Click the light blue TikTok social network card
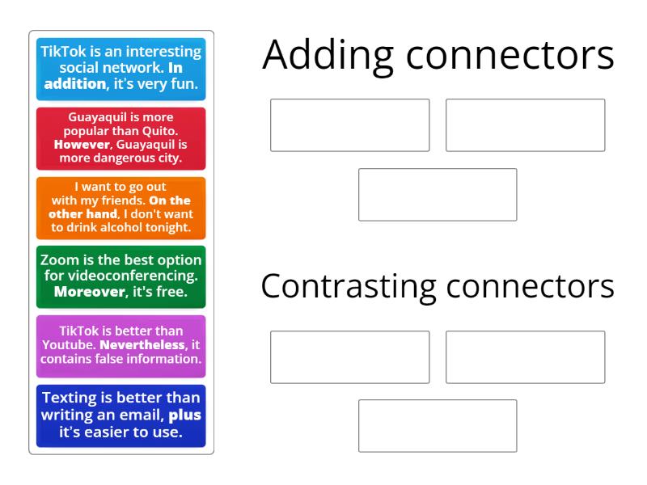tap(121, 69)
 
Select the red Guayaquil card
tap(121, 138)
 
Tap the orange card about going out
tap(121, 208)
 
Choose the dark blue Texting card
tap(121, 415)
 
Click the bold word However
tap(82, 145)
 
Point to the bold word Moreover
tap(90, 292)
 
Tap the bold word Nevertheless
tap(142, 344)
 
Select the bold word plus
tap(184, 415)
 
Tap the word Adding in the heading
tap(328, 56)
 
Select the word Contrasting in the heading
tap(349, 287)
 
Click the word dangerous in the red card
tap(124, 158)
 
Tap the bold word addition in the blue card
tap(74, 84)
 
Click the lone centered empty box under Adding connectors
tap(438, 195)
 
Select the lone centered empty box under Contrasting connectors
tap(438, 426)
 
